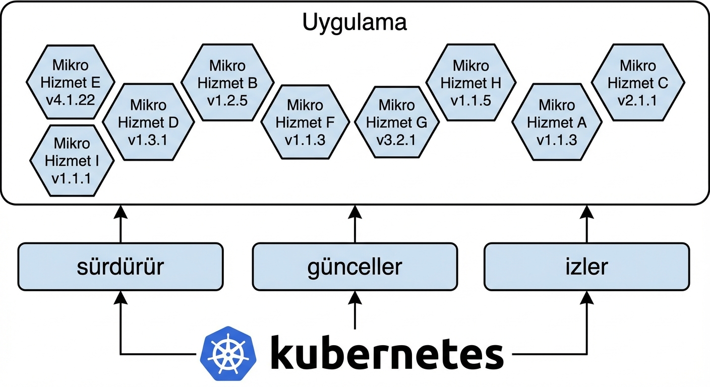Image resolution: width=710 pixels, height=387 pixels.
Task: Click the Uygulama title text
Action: click(x=354, y=23)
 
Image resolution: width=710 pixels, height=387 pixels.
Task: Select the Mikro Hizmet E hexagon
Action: click(x=71, y=83)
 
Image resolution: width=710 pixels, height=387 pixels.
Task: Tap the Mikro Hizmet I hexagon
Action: click(x=72, y=160)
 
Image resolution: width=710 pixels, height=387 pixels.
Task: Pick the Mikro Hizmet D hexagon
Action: click(x=148, y=122)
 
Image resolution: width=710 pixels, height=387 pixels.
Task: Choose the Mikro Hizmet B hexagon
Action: click(x=227, y=83)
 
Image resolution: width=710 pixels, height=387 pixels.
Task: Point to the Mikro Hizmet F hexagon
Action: click(x=305, y=122)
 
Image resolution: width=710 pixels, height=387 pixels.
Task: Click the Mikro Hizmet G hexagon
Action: click(x=397, y=122)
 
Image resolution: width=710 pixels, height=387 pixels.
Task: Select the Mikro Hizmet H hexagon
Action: click(x=471, y=83)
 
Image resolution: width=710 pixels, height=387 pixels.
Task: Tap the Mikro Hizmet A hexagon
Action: click(x=557, y=122)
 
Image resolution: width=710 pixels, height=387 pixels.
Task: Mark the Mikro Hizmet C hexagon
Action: click(x=637, y=83)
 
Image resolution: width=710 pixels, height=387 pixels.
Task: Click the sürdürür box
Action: click(x=121, y=267)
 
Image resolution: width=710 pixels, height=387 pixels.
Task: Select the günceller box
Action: click(x=355, y=267)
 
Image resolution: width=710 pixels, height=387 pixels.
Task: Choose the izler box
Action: click(x=587, y=267)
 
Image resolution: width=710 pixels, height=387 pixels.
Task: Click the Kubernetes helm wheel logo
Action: click(x=228, y=350)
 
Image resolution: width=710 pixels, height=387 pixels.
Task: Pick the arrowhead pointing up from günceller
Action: click(x=355, y=212)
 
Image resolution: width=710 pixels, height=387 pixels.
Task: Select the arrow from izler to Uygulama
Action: click(x=587, y=224)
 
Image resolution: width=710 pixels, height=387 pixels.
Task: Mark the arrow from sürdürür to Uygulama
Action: click(x=121, y=224)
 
